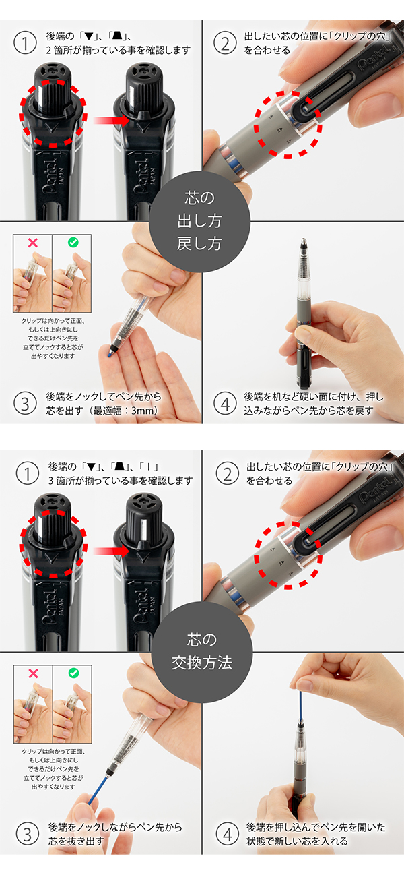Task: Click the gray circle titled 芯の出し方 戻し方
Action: (199, 221)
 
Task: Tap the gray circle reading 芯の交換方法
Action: (202, 652)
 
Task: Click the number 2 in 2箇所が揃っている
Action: (48, 51)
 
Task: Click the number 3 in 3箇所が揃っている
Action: (50, 481)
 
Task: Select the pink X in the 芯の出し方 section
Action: (33, 243)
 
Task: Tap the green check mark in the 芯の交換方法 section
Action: (73, 673)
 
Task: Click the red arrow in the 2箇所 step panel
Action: (111, 120)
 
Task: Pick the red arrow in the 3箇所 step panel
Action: (111, 551)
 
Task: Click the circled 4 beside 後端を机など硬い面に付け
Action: (225, 404)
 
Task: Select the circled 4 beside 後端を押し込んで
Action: (228, 835)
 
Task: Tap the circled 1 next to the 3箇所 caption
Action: (28, 474)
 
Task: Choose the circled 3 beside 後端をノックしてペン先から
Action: (25, 404)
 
